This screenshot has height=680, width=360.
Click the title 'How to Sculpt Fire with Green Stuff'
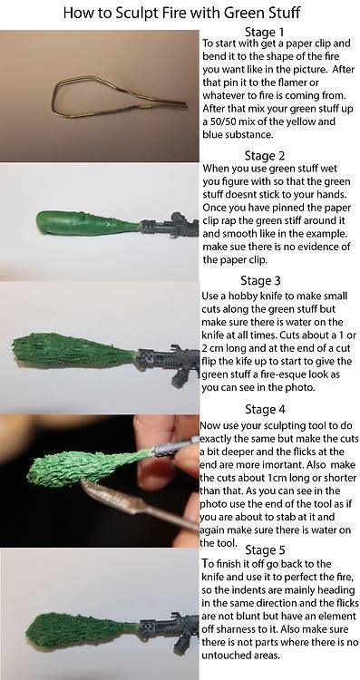(x=181, y=13)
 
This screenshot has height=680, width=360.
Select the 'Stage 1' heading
(x=264, y=32)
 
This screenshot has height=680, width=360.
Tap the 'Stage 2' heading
(x=264, y=155)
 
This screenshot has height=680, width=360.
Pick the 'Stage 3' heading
(x=260, y=280)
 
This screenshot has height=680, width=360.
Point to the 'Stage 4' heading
(x=265, y=409)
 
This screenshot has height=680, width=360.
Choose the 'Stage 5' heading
(x=265, y=550)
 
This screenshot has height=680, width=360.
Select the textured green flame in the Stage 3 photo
(x=73, y=350)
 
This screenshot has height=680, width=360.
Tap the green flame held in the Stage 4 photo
(x=87, y=466)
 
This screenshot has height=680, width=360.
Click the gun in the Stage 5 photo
(x=170, y=632)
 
